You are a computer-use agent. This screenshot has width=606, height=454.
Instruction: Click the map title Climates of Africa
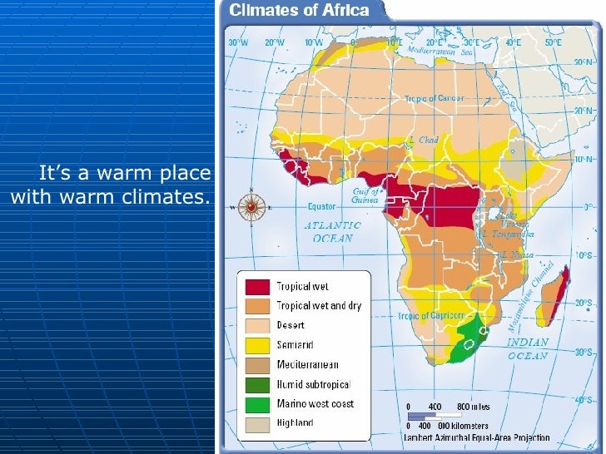(301, 11)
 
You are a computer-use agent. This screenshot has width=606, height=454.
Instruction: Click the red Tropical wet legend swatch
(256, 287)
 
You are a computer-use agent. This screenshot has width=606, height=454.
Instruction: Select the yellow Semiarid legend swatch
(256, 345)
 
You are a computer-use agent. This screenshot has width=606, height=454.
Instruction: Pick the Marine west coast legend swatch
(256, 404)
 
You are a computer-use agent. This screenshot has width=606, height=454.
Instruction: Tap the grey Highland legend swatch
(256, 423)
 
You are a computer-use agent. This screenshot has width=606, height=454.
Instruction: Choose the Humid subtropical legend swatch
(256, 384)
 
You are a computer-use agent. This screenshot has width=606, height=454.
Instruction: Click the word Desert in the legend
(291, 326)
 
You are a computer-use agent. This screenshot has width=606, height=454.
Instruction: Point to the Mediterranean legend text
(307, 365)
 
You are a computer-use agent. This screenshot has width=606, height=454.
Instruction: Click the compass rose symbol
(251, 205)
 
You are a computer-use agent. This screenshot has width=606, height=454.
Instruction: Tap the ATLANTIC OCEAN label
(333, 231)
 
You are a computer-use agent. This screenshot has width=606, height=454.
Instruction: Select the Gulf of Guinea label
(366, 195)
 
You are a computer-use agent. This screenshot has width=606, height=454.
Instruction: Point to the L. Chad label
(424, 140)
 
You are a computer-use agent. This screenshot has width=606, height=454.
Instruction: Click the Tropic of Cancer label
(433, 99)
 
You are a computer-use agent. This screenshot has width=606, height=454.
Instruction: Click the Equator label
(321, 205)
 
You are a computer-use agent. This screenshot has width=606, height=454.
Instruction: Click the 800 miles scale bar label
(474, 407)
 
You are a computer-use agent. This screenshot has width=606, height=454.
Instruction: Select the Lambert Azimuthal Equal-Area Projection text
(475, 436)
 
